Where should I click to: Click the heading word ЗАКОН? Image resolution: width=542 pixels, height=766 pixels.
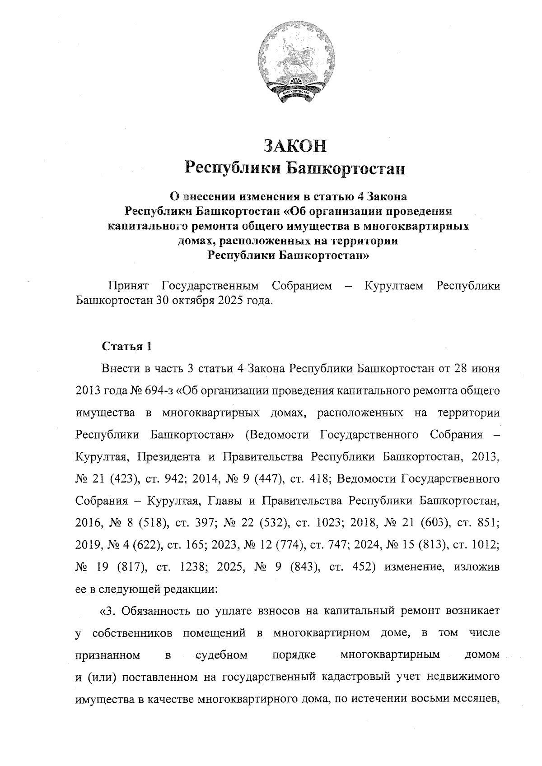[295, 146]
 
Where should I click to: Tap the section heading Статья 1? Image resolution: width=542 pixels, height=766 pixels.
[127, 346]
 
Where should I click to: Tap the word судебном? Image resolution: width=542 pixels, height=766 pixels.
[222, 655]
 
